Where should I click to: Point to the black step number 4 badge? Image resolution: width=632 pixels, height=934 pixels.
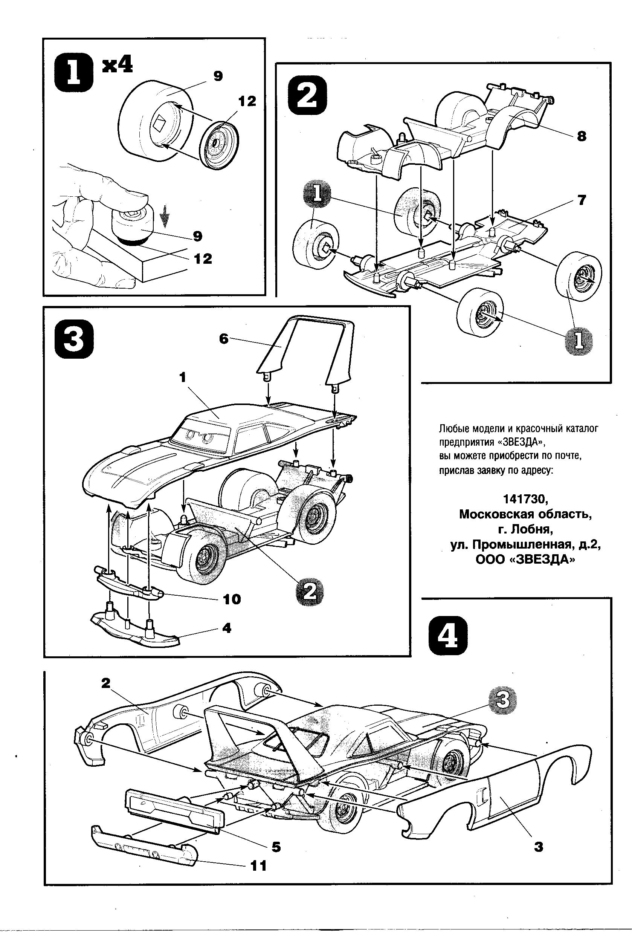pyautogui.click(x=448, y=636)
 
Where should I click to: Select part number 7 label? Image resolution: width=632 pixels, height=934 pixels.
pyautogui.click(x=582, y=200)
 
